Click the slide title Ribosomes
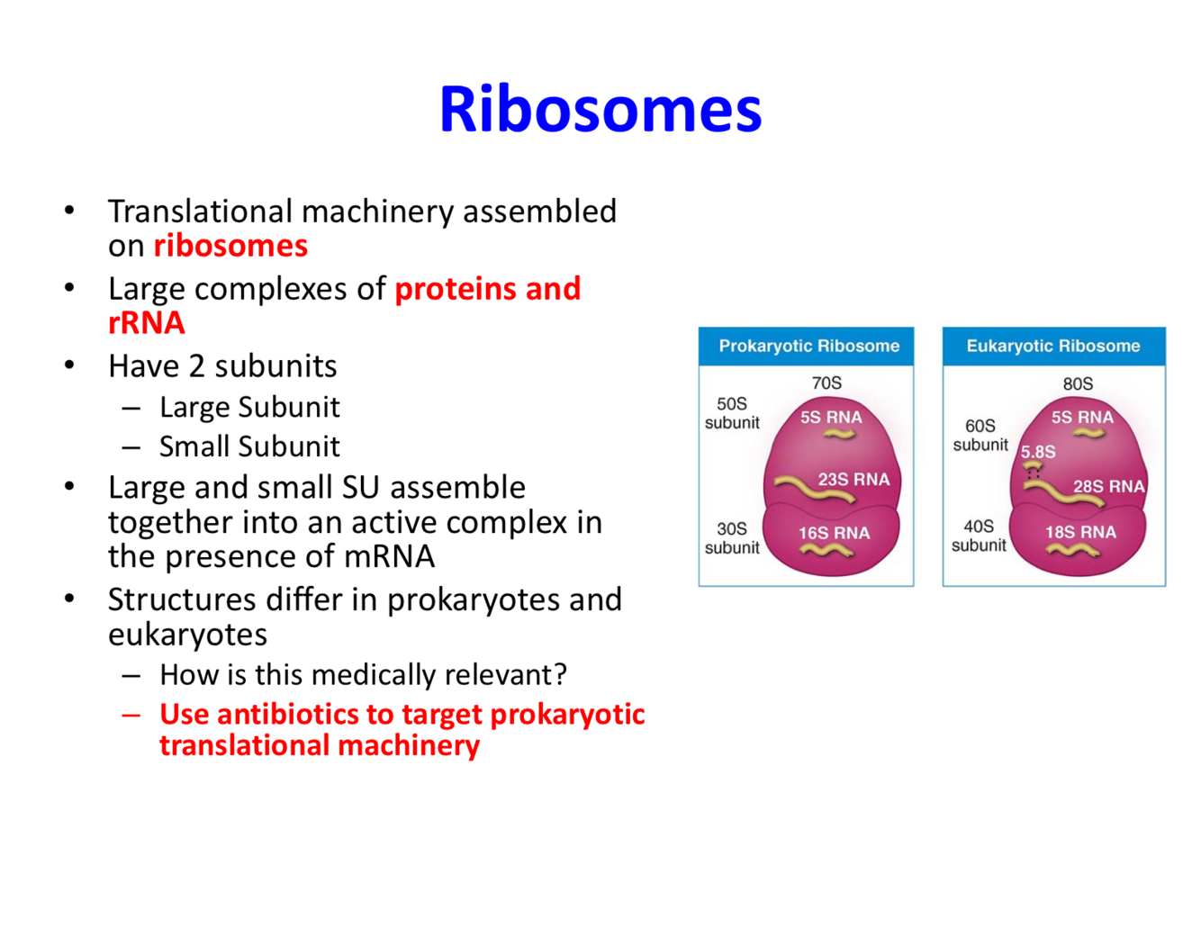(600, 110)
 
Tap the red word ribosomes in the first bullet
(230, 246)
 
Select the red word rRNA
(146, 323)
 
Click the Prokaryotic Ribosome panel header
(808, 347)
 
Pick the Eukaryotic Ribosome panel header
(1053, 347)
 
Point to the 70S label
(826, 383)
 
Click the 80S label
(1078, 384)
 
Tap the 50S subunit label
(732, 413)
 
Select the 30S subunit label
(732, 538)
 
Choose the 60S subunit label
(980, 436)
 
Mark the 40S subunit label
(979, 536)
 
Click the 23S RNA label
(853, 480)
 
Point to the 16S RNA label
(834, 534)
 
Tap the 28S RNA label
(1108, 487)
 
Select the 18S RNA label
(1080, 533)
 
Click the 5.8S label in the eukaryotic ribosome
(1038, 453)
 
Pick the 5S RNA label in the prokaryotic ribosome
(831, 418)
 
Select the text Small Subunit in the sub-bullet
(249, 446)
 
